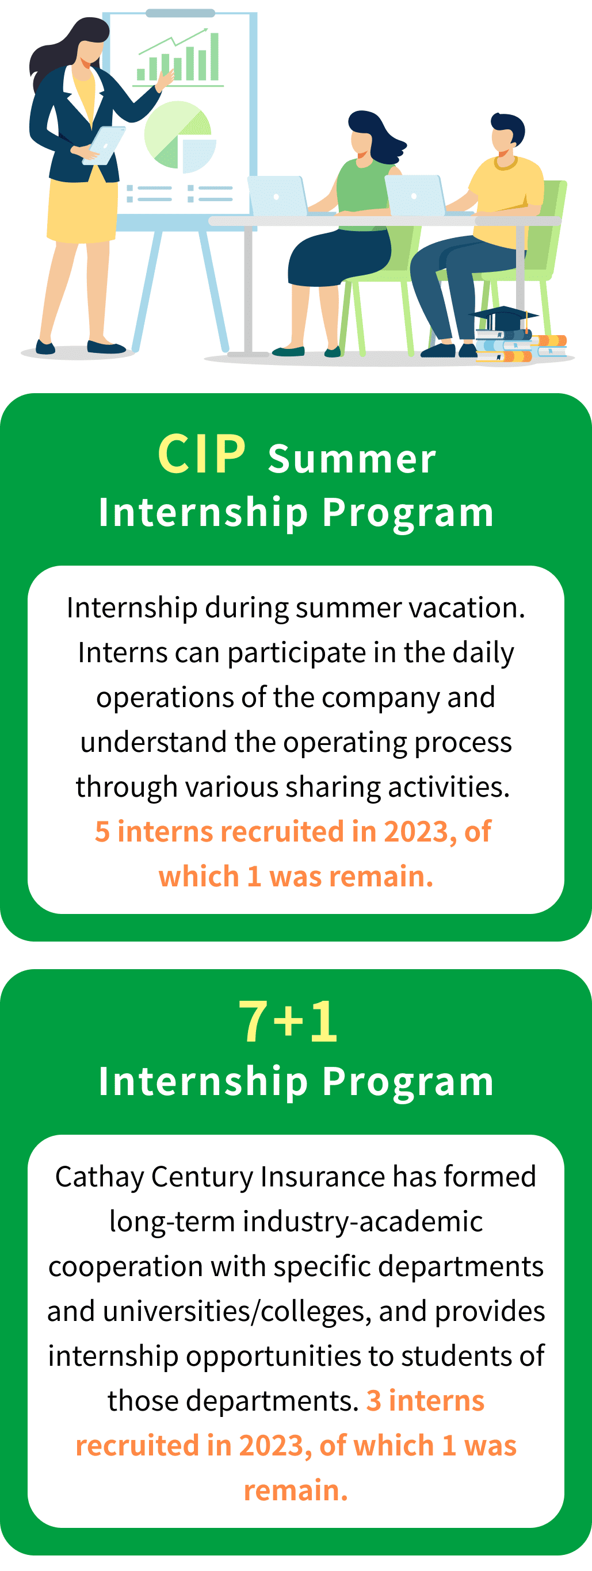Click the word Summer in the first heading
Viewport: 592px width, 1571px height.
(352, 459)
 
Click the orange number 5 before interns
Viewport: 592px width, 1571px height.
(102, 832)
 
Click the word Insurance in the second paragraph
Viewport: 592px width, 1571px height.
(323, 1177)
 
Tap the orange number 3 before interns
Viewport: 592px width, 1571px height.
(373, 1401)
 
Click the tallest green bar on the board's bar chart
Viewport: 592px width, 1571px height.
(214, 56)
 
